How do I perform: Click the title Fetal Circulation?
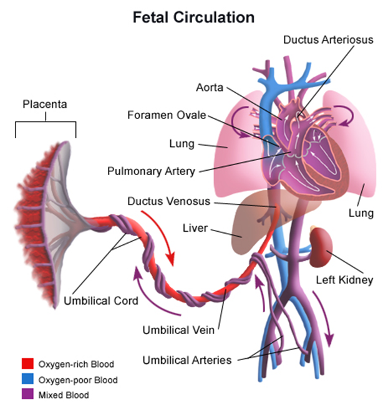[x=193, y=17]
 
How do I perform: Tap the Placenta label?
[x=45, y=103]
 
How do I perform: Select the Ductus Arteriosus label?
[x=328, y=39]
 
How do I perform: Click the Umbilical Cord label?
[x=100, y=301]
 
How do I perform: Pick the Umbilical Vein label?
[x=178, y=329]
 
